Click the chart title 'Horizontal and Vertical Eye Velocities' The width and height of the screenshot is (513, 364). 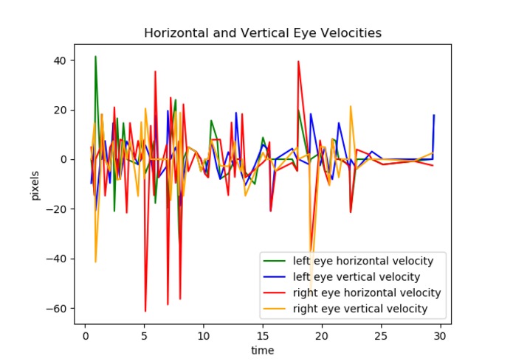(x=262, y=33)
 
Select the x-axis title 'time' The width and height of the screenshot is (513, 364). (x=262, y=350)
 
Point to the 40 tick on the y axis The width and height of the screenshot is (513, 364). (x=62, y=60)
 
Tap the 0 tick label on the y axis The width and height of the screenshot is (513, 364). (x=65, y=159)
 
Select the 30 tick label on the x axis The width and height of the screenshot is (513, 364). (x=440, y=335)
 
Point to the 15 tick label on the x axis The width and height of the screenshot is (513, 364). (x=262, y=335)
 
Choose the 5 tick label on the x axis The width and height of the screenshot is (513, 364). (x=144, y=335)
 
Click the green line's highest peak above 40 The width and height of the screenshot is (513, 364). (x=95, y=56)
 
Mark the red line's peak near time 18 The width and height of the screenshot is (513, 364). (x=298, y=61)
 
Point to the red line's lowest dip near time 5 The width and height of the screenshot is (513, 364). (x=145, y=311)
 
